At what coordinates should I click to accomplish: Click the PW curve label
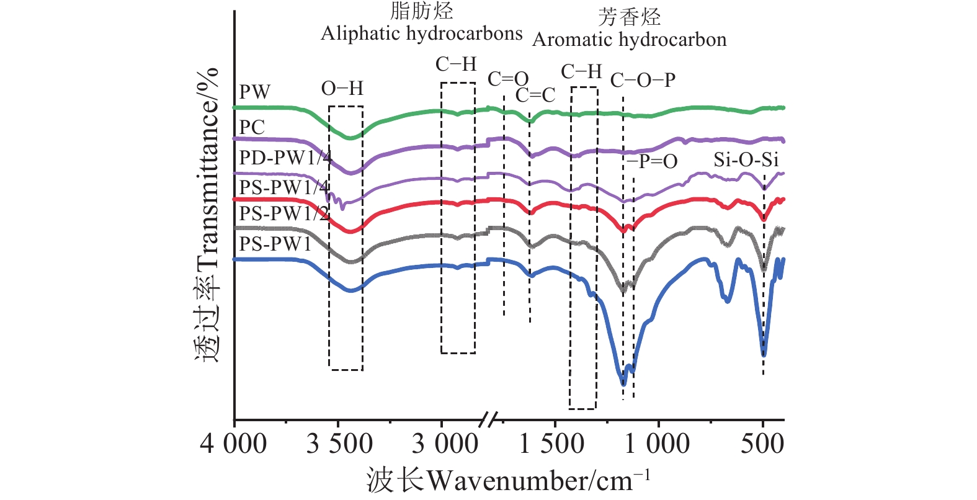(x=254, y=92)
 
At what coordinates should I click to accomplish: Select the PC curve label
(x=252, y=127)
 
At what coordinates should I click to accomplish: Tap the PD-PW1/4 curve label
(x=285, y=158)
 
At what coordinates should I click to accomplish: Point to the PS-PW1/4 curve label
(x=284, y=186)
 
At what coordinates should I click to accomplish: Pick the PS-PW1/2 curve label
(x=284, y=213)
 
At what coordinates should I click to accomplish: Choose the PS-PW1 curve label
(x=275, y=244)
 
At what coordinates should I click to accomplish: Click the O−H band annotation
(x=342, y=89)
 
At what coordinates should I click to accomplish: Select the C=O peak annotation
(x=507, y=79)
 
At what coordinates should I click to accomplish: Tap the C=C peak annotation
(x=535, y=95)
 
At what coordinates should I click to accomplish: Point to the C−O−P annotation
(x=643, y=80)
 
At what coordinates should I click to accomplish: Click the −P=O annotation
(x=651, y=161)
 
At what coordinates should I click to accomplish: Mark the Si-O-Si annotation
(x=746, y=160)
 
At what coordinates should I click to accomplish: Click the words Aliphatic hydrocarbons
(x=421, y=33)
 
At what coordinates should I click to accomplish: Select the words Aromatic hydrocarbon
(x=629, y=40)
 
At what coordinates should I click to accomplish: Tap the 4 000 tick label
(x=233, y=444)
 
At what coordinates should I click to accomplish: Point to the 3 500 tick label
(x=339, y=444)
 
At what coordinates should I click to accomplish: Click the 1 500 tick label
(x=551, y=444)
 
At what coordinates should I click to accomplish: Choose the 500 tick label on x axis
(x=762, y=444)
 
